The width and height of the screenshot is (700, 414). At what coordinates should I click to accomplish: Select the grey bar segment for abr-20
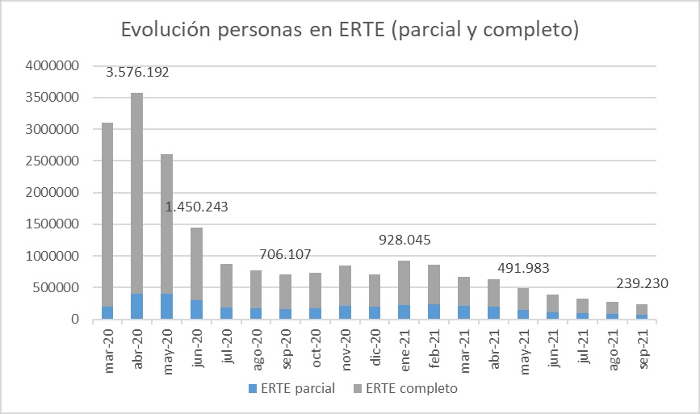[x=137, y=194]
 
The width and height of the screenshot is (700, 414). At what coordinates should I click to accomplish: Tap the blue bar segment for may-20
[x=167, y=307]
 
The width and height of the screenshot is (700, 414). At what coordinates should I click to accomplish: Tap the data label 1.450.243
[x=196, y=207]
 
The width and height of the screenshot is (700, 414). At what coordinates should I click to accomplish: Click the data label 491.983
[x=523, y=270]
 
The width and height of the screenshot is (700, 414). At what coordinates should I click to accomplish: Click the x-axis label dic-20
[x=375, y=348]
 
